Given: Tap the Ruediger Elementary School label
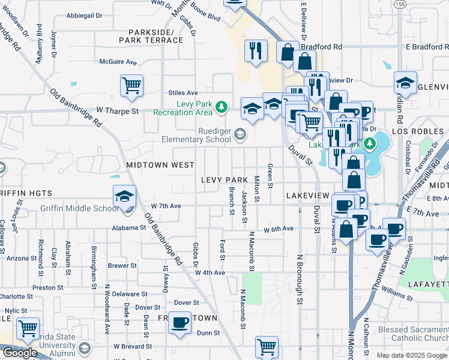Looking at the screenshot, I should click(x=196, y=136).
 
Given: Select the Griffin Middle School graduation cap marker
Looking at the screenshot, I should click(x=124, y=197).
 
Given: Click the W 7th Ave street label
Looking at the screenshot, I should click(x=166, y=206).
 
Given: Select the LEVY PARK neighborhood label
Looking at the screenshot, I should click(x=225, y=180).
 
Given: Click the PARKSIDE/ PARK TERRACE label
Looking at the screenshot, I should click(x=151, y=36).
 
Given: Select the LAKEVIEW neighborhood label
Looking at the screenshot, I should click(x=308, y=196).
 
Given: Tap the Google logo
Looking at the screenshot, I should click(x=20, y=353).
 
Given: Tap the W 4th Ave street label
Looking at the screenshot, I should click(x=209, y=272).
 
